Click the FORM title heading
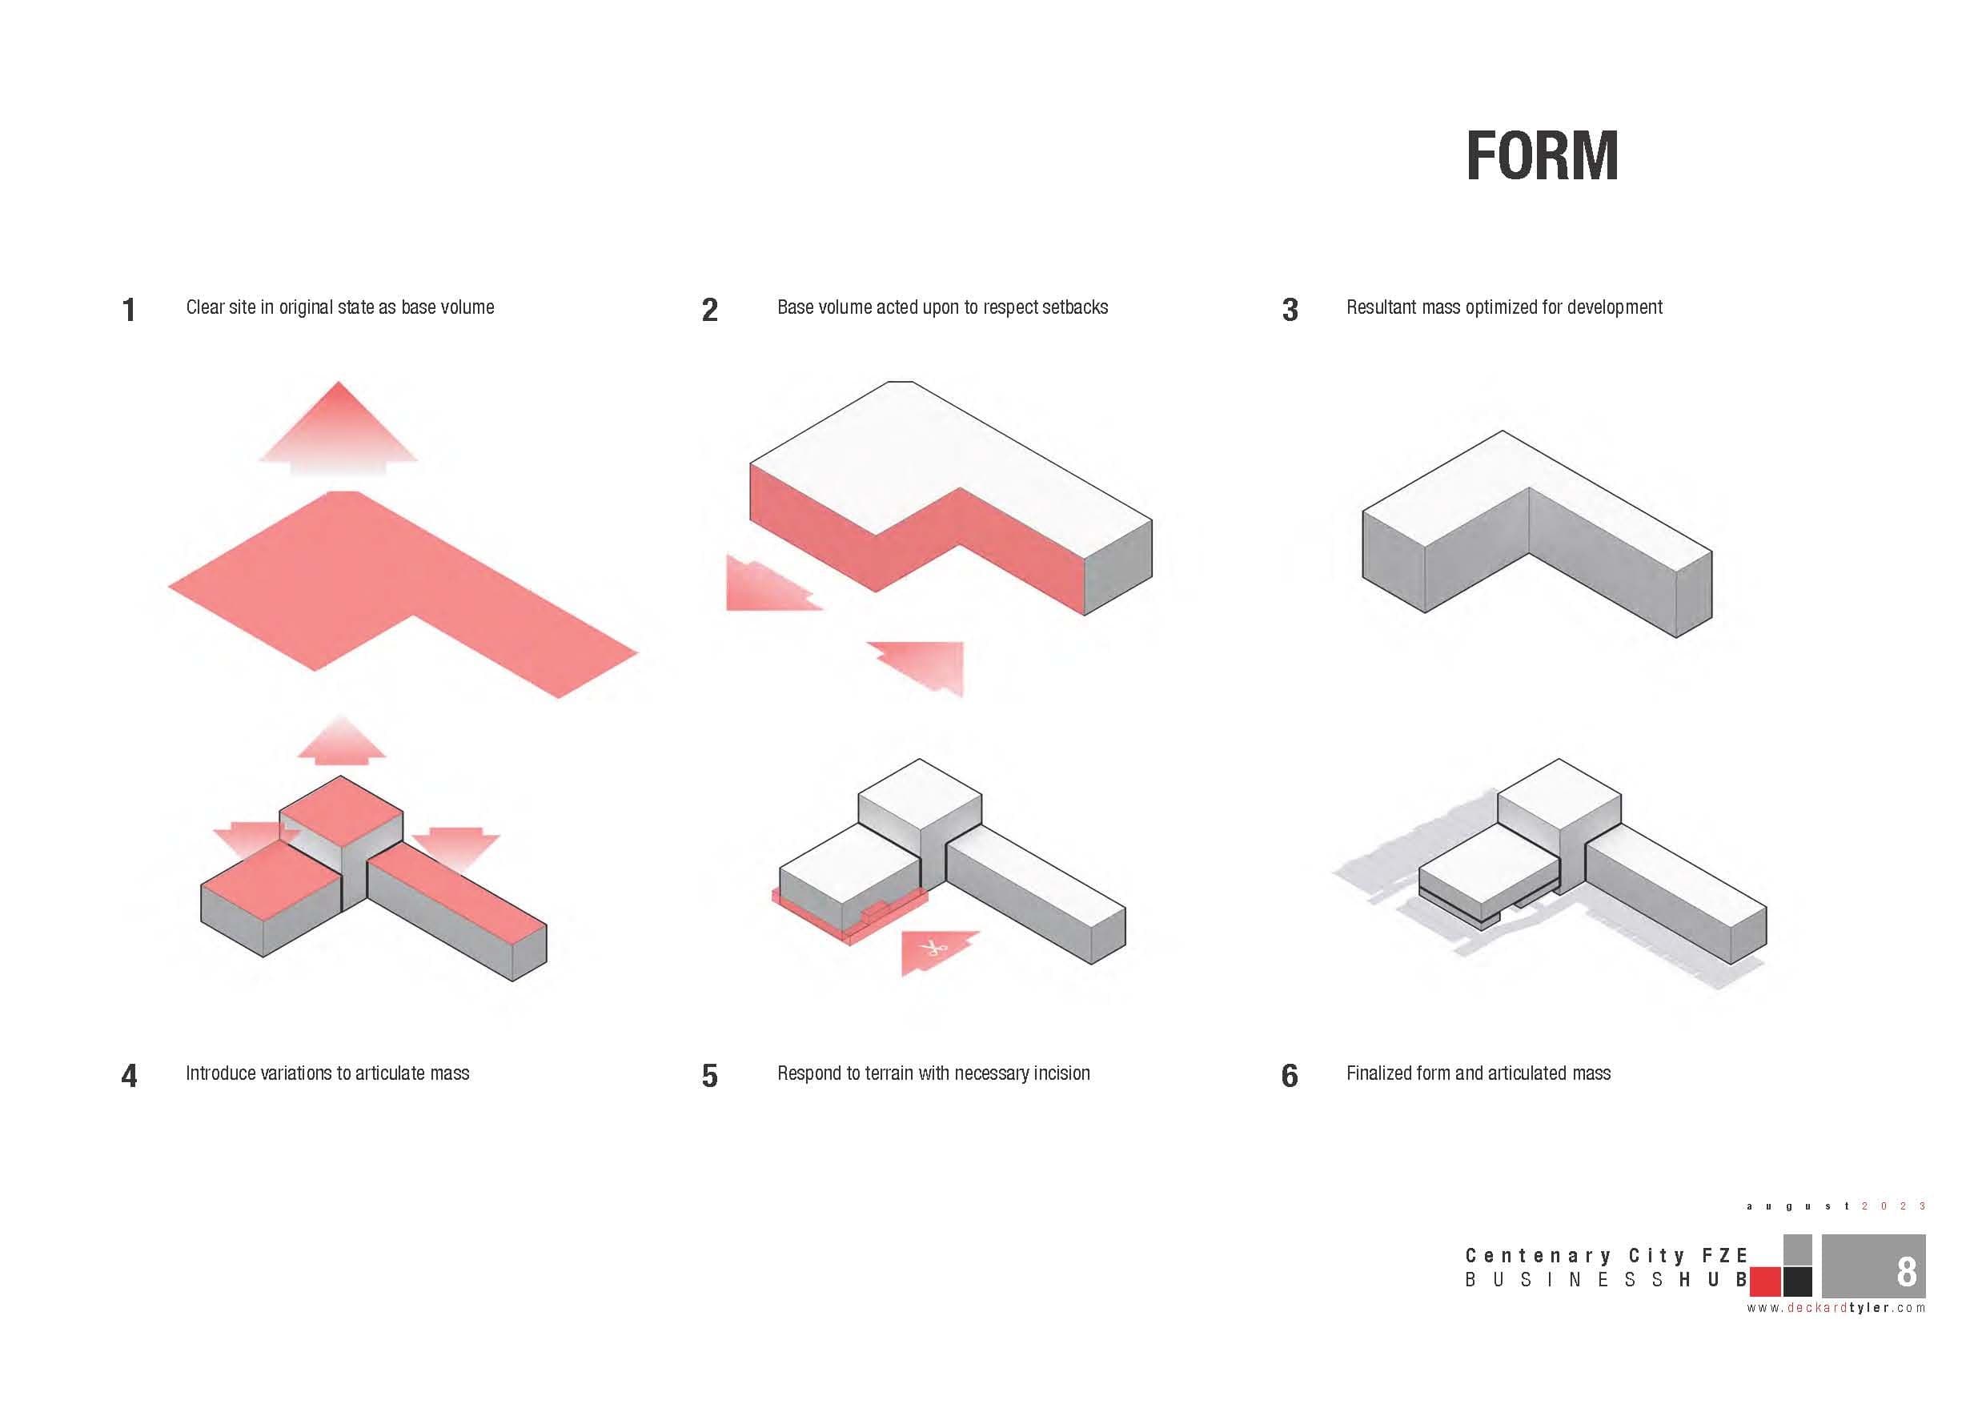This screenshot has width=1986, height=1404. click(x=1542, y=157)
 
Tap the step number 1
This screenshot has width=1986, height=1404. click(x=129, y=310)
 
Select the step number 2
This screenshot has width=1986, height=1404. click(x=709, y=310)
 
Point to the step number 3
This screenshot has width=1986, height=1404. click(x=1290, y=310)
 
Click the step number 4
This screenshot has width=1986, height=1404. click(x=129, y=1075)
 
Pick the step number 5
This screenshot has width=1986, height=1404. click(x=709, y=1075)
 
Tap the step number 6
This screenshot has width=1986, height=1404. click(x=1290, y=1075)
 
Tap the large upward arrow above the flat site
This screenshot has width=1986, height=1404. click(x=339, y=427)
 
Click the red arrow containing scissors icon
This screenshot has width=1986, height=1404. click(x=936, y=953)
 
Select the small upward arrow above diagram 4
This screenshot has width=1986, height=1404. click(x=341, y=740)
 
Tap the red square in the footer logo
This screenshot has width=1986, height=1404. click(x=1764, y=1282)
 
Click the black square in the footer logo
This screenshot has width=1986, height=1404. click(x=1797, y=1282)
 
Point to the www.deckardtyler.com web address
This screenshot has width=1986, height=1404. click(x=1836, y=1308)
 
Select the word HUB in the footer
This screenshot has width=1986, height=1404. click(x=1713, y=1279)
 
